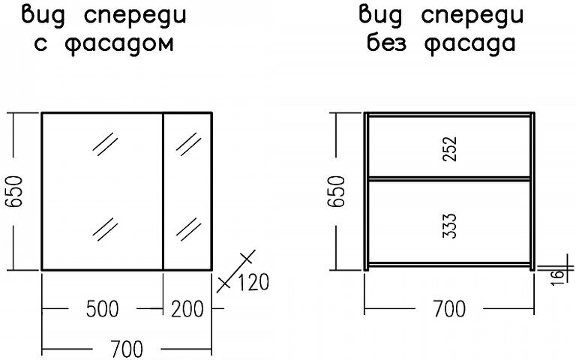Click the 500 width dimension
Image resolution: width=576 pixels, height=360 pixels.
[x=103, y=309]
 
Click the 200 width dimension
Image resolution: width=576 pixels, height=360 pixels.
[x=187, y=309]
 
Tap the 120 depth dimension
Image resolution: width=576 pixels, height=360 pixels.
[x=252, y=283]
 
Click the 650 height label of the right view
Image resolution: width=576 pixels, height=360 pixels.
[x=337, y=191]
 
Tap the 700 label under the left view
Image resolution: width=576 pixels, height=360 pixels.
[x=127, y=349]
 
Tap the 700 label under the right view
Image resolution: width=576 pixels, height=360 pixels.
[x=449, y=308]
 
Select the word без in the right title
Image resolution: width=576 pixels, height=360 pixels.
[x=391, y=43]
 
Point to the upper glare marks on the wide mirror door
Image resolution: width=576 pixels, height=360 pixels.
[x=106, y=142]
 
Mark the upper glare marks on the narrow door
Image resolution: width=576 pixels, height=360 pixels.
[x=188, y=142]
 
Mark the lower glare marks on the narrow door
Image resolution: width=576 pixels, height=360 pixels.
[x=188, y=226]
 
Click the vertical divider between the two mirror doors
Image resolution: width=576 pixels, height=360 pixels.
[x=163, y=191]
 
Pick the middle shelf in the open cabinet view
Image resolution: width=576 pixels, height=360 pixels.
[x=449, y=178]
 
